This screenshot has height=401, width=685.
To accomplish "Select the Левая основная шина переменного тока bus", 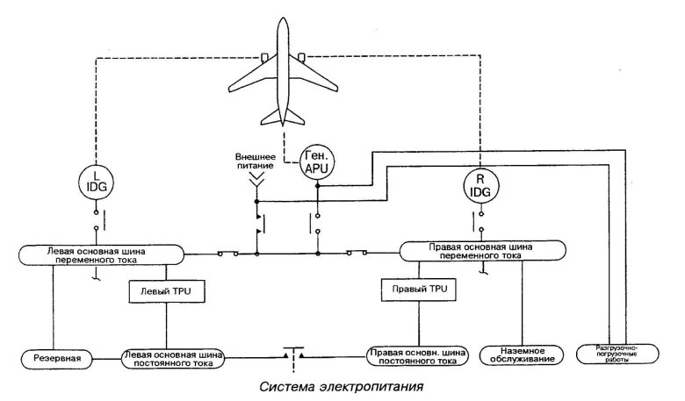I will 100,254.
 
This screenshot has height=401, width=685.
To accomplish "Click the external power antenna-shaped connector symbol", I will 255,182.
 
